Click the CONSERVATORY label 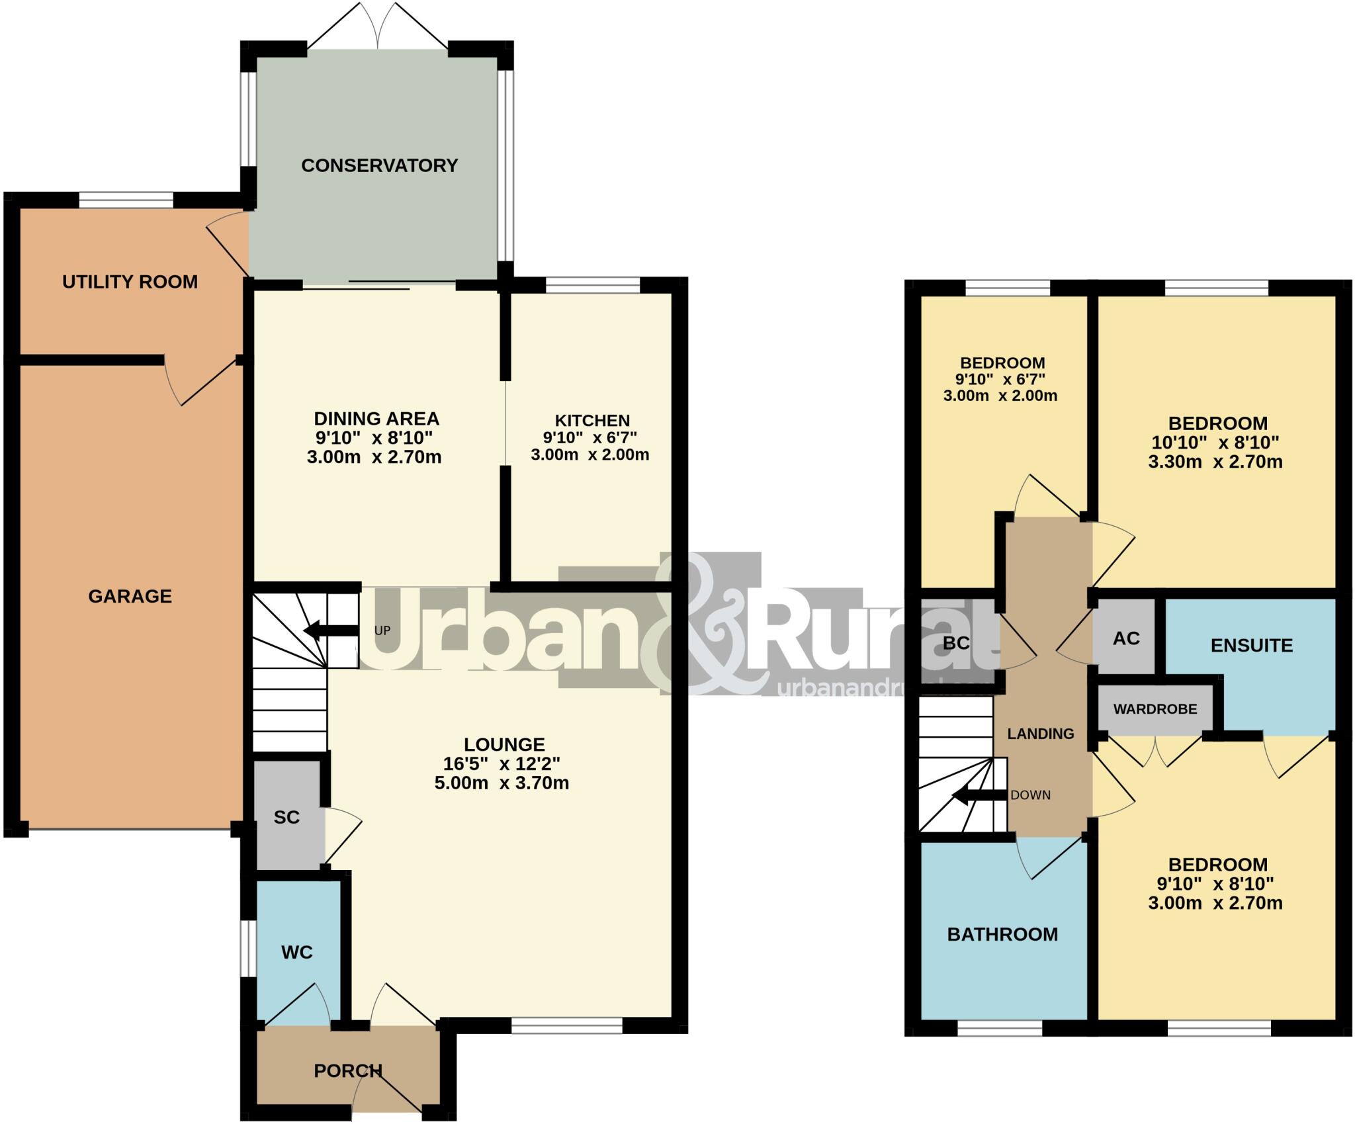coord(379,165)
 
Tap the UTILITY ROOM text coord(130,282)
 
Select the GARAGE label coord(130,596)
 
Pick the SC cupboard coord(286,817)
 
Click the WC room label coord(296,952)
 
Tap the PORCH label coord(347,1070)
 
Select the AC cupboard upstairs coord(1126,638)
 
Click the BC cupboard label coord(956,642)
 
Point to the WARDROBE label coord(1155,709)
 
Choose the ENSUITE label coord(1251,645)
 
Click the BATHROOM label coord(1002,934)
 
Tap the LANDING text coord(1040,734)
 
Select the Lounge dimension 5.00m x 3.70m coord(502,783)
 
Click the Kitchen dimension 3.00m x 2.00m coord(590,455)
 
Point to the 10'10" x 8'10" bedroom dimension coord(1214,442)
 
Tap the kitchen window coord(593,285)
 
